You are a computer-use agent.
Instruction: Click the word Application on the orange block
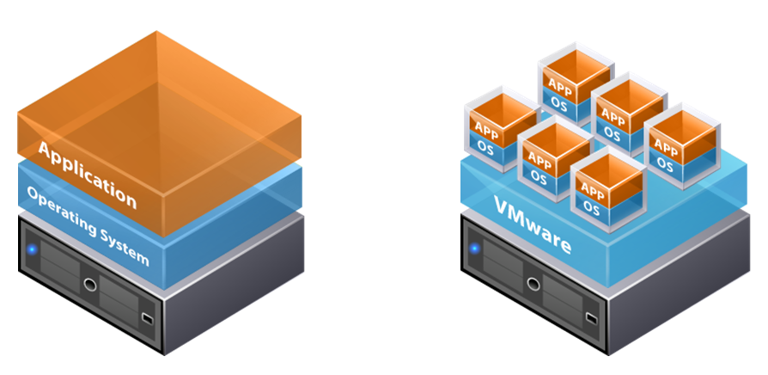pyautogui.click(x=87, y=175)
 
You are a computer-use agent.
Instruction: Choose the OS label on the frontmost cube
pyautogui.click(x=590, y=207)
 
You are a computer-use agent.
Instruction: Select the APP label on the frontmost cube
pyautogui.click(x=590, y=189)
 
